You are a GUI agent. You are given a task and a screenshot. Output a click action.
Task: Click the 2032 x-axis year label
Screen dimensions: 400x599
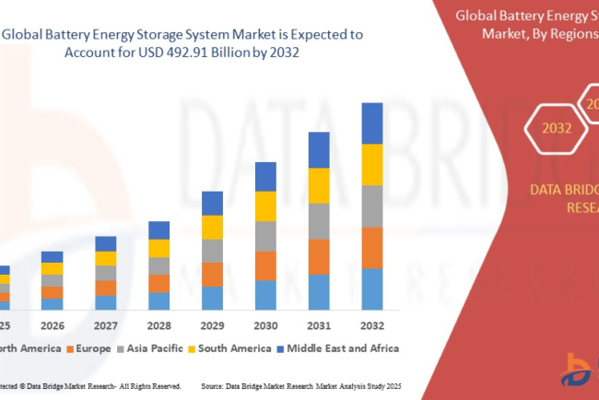[371, 325]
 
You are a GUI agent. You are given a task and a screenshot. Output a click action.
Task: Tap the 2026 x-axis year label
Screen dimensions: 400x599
[53, 325]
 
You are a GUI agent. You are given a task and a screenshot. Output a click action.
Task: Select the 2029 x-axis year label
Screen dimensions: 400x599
[212, 325]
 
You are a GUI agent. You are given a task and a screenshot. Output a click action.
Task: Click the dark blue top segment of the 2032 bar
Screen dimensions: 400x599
[371, 124]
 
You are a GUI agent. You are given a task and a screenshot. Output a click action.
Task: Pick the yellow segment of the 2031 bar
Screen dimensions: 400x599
[319, 186]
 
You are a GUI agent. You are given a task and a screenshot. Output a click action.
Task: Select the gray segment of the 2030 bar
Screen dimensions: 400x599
[265, 236]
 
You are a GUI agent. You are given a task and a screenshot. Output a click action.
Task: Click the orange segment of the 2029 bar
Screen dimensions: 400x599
[212, 275]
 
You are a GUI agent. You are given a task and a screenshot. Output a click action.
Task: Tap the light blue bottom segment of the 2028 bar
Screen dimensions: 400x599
[159, 300]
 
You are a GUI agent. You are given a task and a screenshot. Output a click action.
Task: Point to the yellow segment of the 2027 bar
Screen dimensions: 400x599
[106, 259]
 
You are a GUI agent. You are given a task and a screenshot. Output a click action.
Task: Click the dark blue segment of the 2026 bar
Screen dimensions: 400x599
[53, 257]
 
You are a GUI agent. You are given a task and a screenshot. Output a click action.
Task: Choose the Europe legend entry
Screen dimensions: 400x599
[91, 348]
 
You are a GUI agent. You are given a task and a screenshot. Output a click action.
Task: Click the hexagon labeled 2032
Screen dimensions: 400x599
[556, 128]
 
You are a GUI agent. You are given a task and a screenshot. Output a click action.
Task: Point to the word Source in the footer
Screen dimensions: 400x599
[214, 385]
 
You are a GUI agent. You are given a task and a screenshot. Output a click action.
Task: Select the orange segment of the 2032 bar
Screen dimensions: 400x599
[371, 247]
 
